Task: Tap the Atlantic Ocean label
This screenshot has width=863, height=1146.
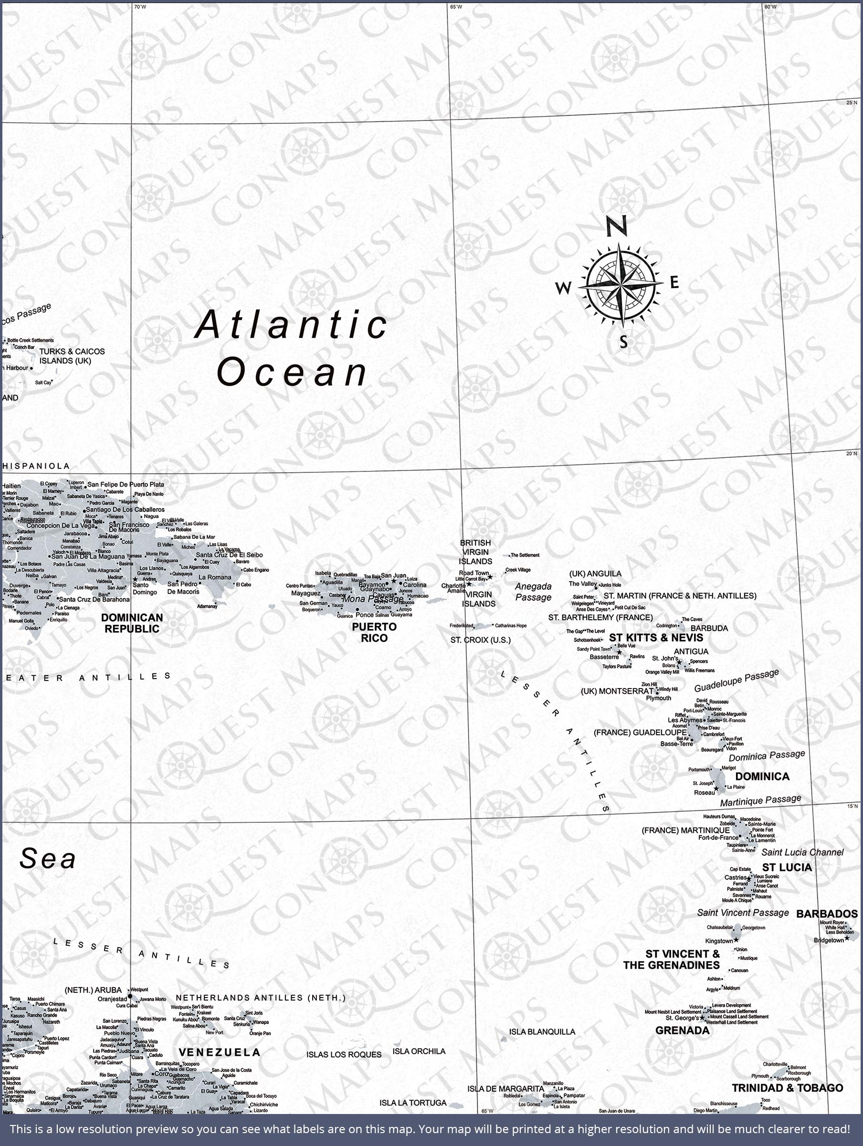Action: (292, 348)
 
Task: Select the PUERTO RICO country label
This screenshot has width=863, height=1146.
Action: (374, 633)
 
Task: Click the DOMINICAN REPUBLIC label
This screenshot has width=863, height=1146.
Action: (132, 623)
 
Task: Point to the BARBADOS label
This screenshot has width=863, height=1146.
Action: (827, 914)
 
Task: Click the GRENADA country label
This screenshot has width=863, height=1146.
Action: (682, 1030)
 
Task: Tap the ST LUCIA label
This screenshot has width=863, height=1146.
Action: (787, 867)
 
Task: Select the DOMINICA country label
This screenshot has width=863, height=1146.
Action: (762, 776)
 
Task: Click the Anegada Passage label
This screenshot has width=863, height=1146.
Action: (533, 592)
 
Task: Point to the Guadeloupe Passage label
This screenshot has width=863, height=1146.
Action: (736, 680)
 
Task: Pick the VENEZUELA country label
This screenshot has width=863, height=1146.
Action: (219, 1052)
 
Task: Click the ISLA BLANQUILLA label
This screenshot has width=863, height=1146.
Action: (542, 1031)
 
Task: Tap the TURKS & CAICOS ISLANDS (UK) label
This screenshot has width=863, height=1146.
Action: (72, 356)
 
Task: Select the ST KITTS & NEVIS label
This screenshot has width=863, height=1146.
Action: (656, 638)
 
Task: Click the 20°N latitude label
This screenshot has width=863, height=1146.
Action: (852, 454)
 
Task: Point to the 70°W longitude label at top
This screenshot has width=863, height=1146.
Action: (140, 7)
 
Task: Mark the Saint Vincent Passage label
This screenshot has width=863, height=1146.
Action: (743, 913)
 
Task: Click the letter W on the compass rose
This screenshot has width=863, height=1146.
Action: (563, 287)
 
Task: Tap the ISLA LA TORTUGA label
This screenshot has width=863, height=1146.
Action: (413, 1103)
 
